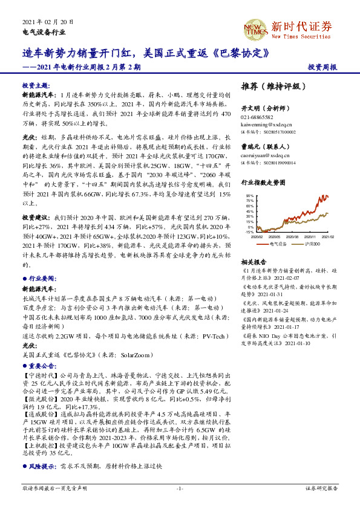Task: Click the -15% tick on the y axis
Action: tap(249, 232)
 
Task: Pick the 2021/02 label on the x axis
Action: tap(327, 237)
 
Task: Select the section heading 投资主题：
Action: tap(36, 85)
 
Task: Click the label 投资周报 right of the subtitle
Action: tap(322, 66)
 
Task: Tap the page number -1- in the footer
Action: tap(179, 487)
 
